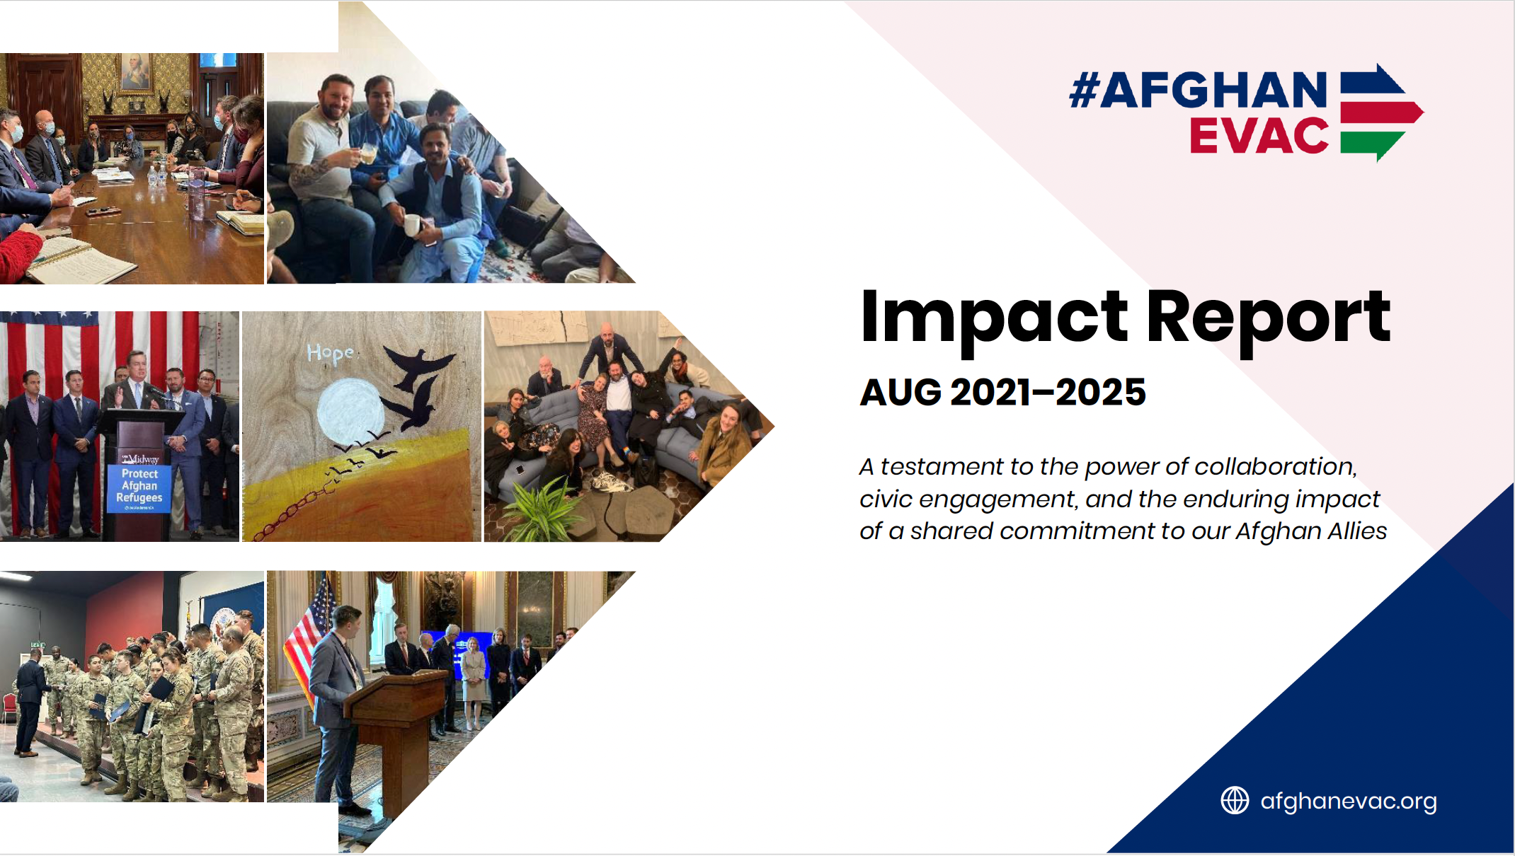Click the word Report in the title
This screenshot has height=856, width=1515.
(1268, 318)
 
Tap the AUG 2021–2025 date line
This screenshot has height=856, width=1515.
(1002, 393)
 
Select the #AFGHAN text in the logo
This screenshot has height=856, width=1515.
(1198, 91)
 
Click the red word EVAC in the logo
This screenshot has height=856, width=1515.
(1259, 136)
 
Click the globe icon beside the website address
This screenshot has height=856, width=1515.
(1235, 801)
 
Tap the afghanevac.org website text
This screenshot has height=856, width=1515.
(1349, 801)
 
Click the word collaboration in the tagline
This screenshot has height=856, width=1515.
(1274, 467)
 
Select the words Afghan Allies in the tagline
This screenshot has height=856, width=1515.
(1310, 531)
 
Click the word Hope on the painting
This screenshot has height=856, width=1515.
(331, 352)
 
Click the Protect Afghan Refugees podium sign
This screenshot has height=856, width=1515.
(139, 487)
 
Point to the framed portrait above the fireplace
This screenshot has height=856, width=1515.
(135, 73)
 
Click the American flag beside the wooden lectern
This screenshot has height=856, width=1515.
(310, 637)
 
